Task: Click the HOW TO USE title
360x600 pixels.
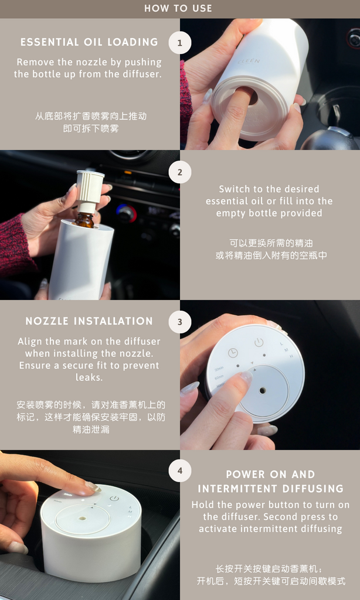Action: coord(178,8)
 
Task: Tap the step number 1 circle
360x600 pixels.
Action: coord(179,43)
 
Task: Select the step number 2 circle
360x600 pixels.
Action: coord(179,172)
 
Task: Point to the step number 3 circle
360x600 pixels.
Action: coord(179,322)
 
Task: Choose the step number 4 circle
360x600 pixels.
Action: coord(179,471)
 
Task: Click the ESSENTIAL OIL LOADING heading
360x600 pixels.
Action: coord(89,42)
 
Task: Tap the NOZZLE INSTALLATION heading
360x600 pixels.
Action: coord(89,321)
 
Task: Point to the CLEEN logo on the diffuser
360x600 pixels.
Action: coord(249,60)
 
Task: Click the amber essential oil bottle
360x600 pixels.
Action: coord(84,221)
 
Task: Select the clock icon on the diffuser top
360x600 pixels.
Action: coord(233,352)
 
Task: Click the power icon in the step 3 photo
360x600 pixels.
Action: coord(259,342)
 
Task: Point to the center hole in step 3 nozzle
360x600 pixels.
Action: coord(263,390)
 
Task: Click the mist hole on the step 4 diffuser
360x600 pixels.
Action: coord(82,519)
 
